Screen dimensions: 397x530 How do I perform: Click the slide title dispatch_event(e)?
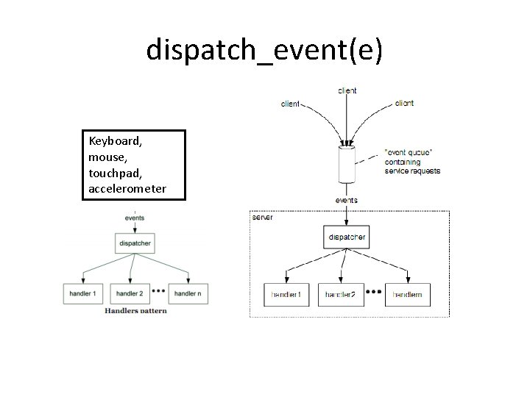264,50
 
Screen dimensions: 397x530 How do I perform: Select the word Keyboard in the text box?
114,140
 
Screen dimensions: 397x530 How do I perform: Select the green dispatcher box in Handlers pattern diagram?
134,243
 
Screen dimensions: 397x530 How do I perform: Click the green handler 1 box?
83,293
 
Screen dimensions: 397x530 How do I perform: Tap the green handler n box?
188,293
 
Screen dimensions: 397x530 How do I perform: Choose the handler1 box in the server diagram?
285,294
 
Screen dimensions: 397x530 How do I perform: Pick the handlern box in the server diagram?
407,294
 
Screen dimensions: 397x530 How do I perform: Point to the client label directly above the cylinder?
347,90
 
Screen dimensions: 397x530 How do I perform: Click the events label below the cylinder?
347,199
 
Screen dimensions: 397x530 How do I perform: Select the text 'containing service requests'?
412,166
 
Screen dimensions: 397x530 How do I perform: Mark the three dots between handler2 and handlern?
375,292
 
